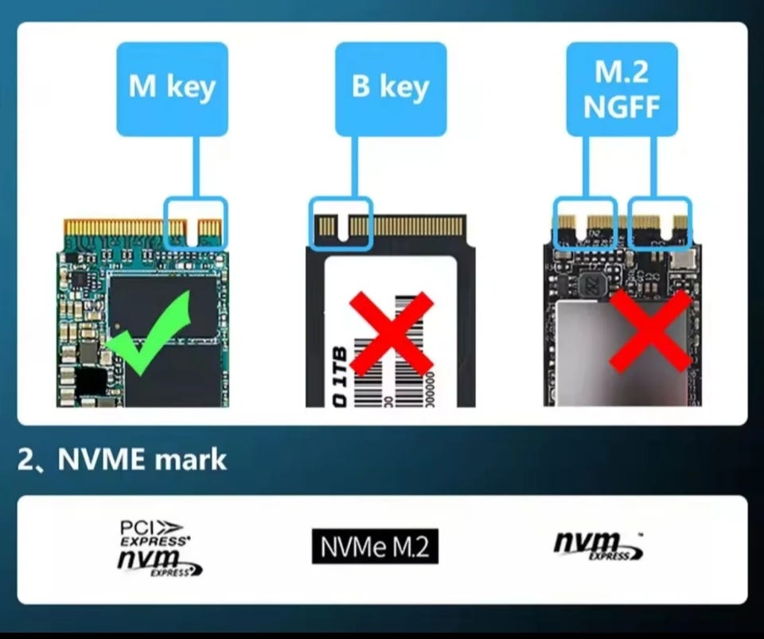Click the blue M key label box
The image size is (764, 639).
pos(172,88)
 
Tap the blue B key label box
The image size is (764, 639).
pos(390,88)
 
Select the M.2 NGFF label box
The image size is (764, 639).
pos(621,88)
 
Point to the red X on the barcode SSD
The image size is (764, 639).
pos(391,333)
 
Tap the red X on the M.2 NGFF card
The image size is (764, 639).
pos(650,330)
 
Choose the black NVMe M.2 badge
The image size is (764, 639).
pos(375,547)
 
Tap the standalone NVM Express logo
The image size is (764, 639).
pos(598,546)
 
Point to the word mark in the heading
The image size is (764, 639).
pos(191,460)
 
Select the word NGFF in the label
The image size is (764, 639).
pos(621,105)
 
